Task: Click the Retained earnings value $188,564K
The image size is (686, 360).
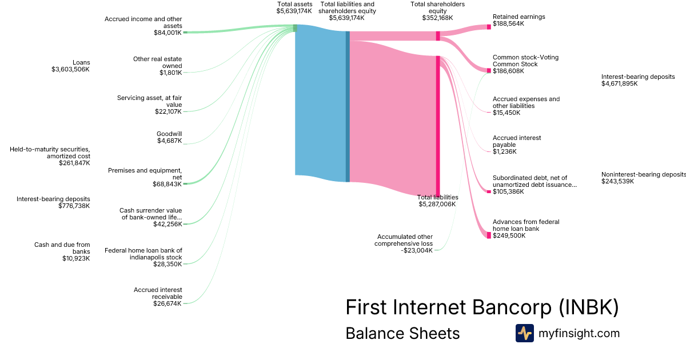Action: (x=508, y=24)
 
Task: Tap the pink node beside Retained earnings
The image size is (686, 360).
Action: (x=489, y=27)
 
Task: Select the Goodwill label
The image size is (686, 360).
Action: (x=169, y=134)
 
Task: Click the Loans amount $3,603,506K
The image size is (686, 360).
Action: (x=70, y=69)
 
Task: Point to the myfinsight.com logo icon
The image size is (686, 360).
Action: (x=524, y=333)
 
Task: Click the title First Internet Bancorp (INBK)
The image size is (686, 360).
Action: (x=482, y=307)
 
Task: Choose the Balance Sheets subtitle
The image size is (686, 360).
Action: (x=402, y=333)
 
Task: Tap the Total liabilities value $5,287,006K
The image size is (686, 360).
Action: (x=437, y=204)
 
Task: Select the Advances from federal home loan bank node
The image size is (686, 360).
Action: (x=489, y=235)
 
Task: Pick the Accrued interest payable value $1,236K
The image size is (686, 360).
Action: (x=504, y=151)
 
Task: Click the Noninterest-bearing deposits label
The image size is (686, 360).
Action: (x=643, y=174)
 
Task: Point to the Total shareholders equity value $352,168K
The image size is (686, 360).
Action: (x=437, y=18)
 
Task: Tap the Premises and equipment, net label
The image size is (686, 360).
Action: (x=145, y=174)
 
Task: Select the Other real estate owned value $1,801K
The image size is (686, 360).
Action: (x=170, y=73)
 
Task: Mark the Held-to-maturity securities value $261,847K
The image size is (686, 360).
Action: (x=74, y=163)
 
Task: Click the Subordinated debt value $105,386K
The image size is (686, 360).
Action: (x=508, y=191)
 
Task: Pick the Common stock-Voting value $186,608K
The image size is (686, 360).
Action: (x=508, y=71)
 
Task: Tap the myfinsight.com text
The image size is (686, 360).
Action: (x=579, y=333)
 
